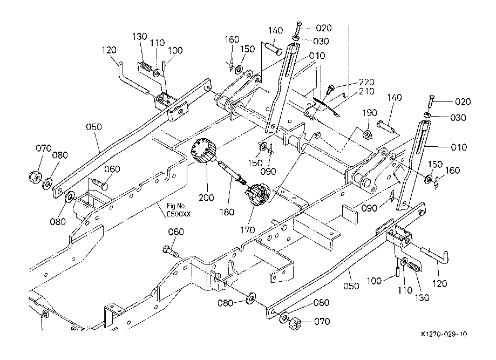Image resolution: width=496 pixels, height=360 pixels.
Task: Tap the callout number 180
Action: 227,212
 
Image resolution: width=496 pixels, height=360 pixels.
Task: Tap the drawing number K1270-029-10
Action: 444,335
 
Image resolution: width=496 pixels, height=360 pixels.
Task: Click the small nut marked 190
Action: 366,134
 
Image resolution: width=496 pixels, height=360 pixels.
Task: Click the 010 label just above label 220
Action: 317,56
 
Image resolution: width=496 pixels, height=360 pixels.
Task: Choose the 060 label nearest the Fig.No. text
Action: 112,169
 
